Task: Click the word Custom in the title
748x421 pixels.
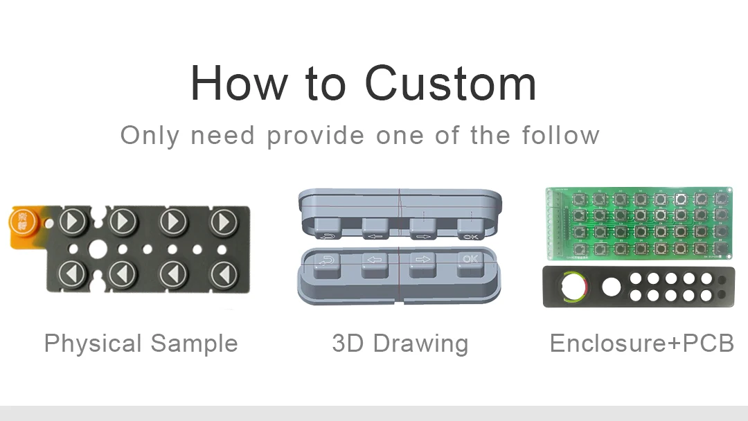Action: click(x=450, y=84)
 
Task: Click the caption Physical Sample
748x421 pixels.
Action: click(x=141, y=343)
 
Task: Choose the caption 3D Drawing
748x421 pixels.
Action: click(x=400, y=343)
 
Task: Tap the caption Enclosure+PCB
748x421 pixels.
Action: click(x=641, y=343)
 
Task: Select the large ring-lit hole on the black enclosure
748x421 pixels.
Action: click(x=573, y=287)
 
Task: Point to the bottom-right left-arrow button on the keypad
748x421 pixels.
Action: click(x=223, y=274)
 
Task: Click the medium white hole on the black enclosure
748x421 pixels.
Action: click(x=611, y=286)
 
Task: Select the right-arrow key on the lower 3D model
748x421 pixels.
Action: click(x=421, y=264)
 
